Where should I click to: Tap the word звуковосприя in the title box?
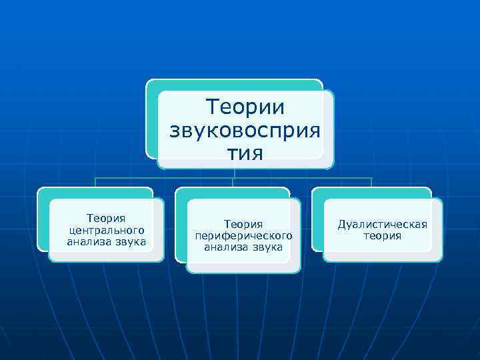pyautogui.click(x=245, y=129)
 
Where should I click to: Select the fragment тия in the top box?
pyautogui.click(x=245, y=153)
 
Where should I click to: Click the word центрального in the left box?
pyautogui.click(x=107, y=229)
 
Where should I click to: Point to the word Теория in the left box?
pyautogui.click(x=107, y=217)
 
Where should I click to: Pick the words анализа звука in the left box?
pyautogui.click(x=107, y=241)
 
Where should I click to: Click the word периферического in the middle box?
pyautogui.click(x=243, y=236)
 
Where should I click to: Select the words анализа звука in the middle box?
pyautogui.click(x=243, y=247)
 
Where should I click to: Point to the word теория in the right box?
pyautogui.click(x=382, y=236)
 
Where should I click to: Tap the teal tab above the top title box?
pyautogui.click(x=233, y=85)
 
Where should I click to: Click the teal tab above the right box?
pyautogui.click(x=371, y=192)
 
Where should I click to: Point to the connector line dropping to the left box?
pyautogui.click(x=95, y=183)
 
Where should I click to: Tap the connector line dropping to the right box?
pyautogui.click(x=371, y=183)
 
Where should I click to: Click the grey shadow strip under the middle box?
pyautogui.click(x=243, y=267)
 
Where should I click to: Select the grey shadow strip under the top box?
pyautogui.click(x=245, y=164)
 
